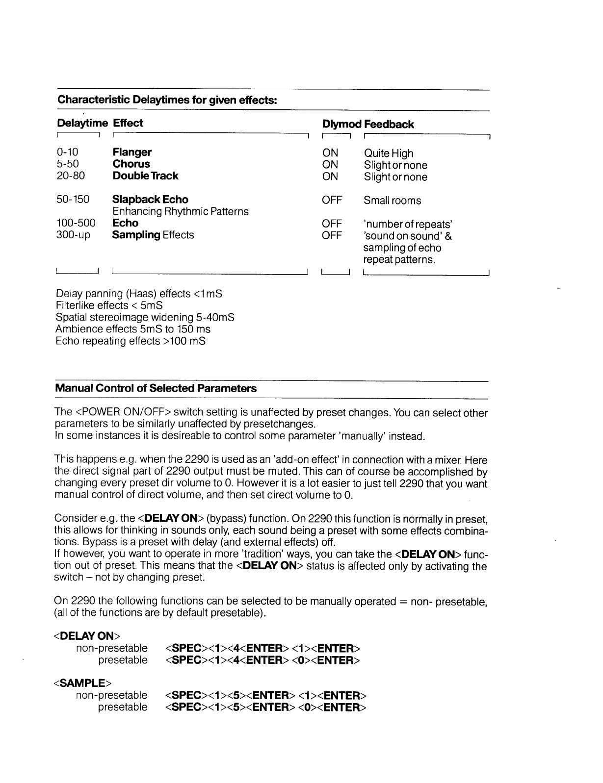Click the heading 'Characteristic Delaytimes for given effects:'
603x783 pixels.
click(167, 100)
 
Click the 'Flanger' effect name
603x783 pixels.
click(132, 152)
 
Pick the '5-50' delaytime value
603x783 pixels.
click(68, 164)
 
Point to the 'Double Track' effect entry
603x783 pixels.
click(145, 176)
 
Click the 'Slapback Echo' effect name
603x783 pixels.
click(150, 200)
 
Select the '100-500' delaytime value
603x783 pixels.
click(76, 223)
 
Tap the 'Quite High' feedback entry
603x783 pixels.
click(389, 153)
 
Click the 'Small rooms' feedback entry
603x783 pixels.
click(392, 201)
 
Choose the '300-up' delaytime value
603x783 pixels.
click(73, 235)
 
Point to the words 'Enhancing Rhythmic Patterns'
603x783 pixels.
click(180, 211)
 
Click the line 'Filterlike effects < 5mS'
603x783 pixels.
click(109, 305)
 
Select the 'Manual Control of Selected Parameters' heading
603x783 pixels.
click(156, 388)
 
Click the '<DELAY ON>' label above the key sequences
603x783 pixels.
click(86, 636)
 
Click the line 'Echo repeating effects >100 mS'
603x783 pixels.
click(131, 341)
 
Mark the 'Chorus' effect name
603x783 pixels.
click(131, 164)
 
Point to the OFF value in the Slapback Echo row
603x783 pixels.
click(332, 201)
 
